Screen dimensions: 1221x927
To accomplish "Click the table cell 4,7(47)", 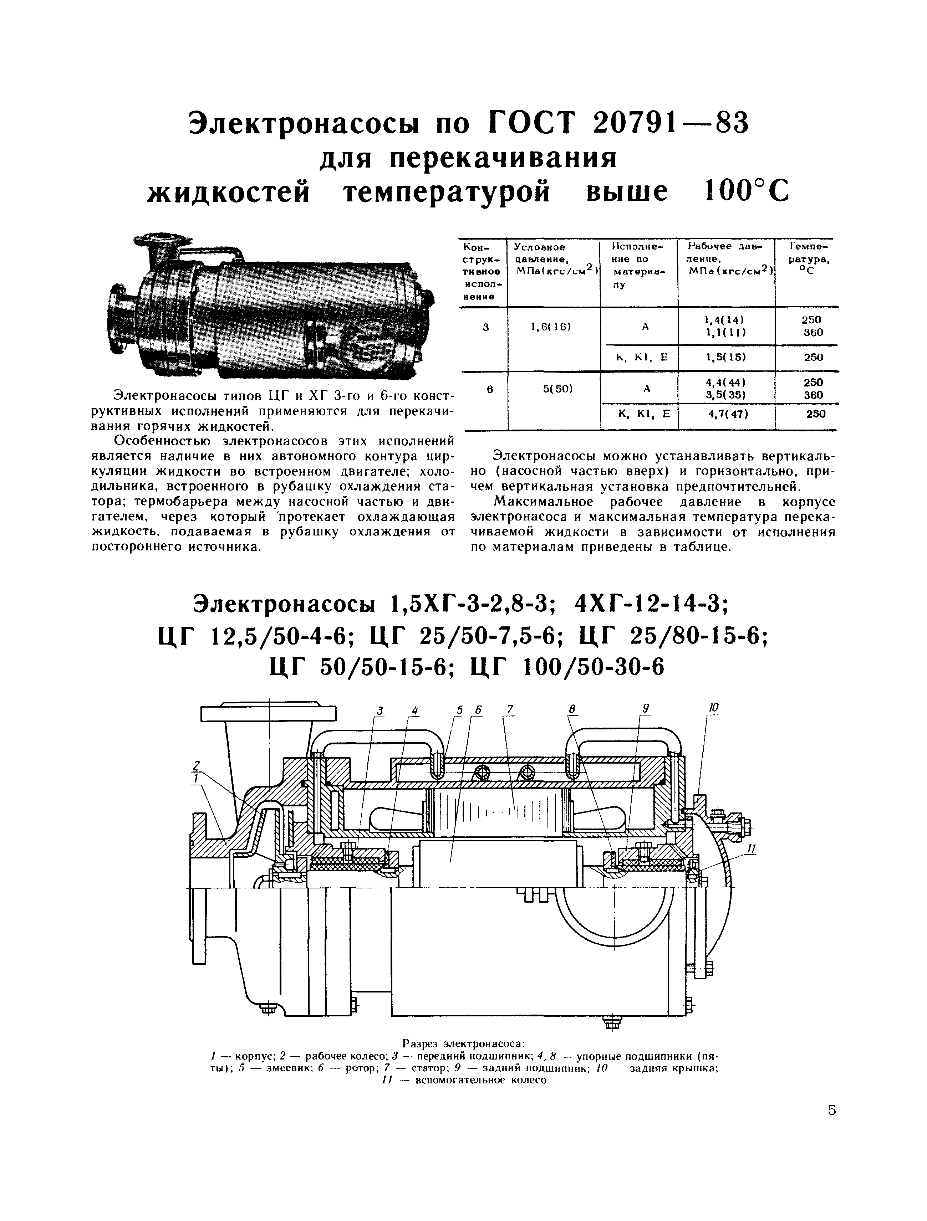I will pyautogui.click(x=728, y=414).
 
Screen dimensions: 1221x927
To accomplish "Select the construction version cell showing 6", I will pyautogui.click(x=489, y=389).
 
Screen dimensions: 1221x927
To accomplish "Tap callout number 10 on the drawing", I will pyautogui.click(x=714, y=707).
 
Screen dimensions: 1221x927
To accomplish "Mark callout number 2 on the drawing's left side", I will pyautogui.click(x=195, y=766).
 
